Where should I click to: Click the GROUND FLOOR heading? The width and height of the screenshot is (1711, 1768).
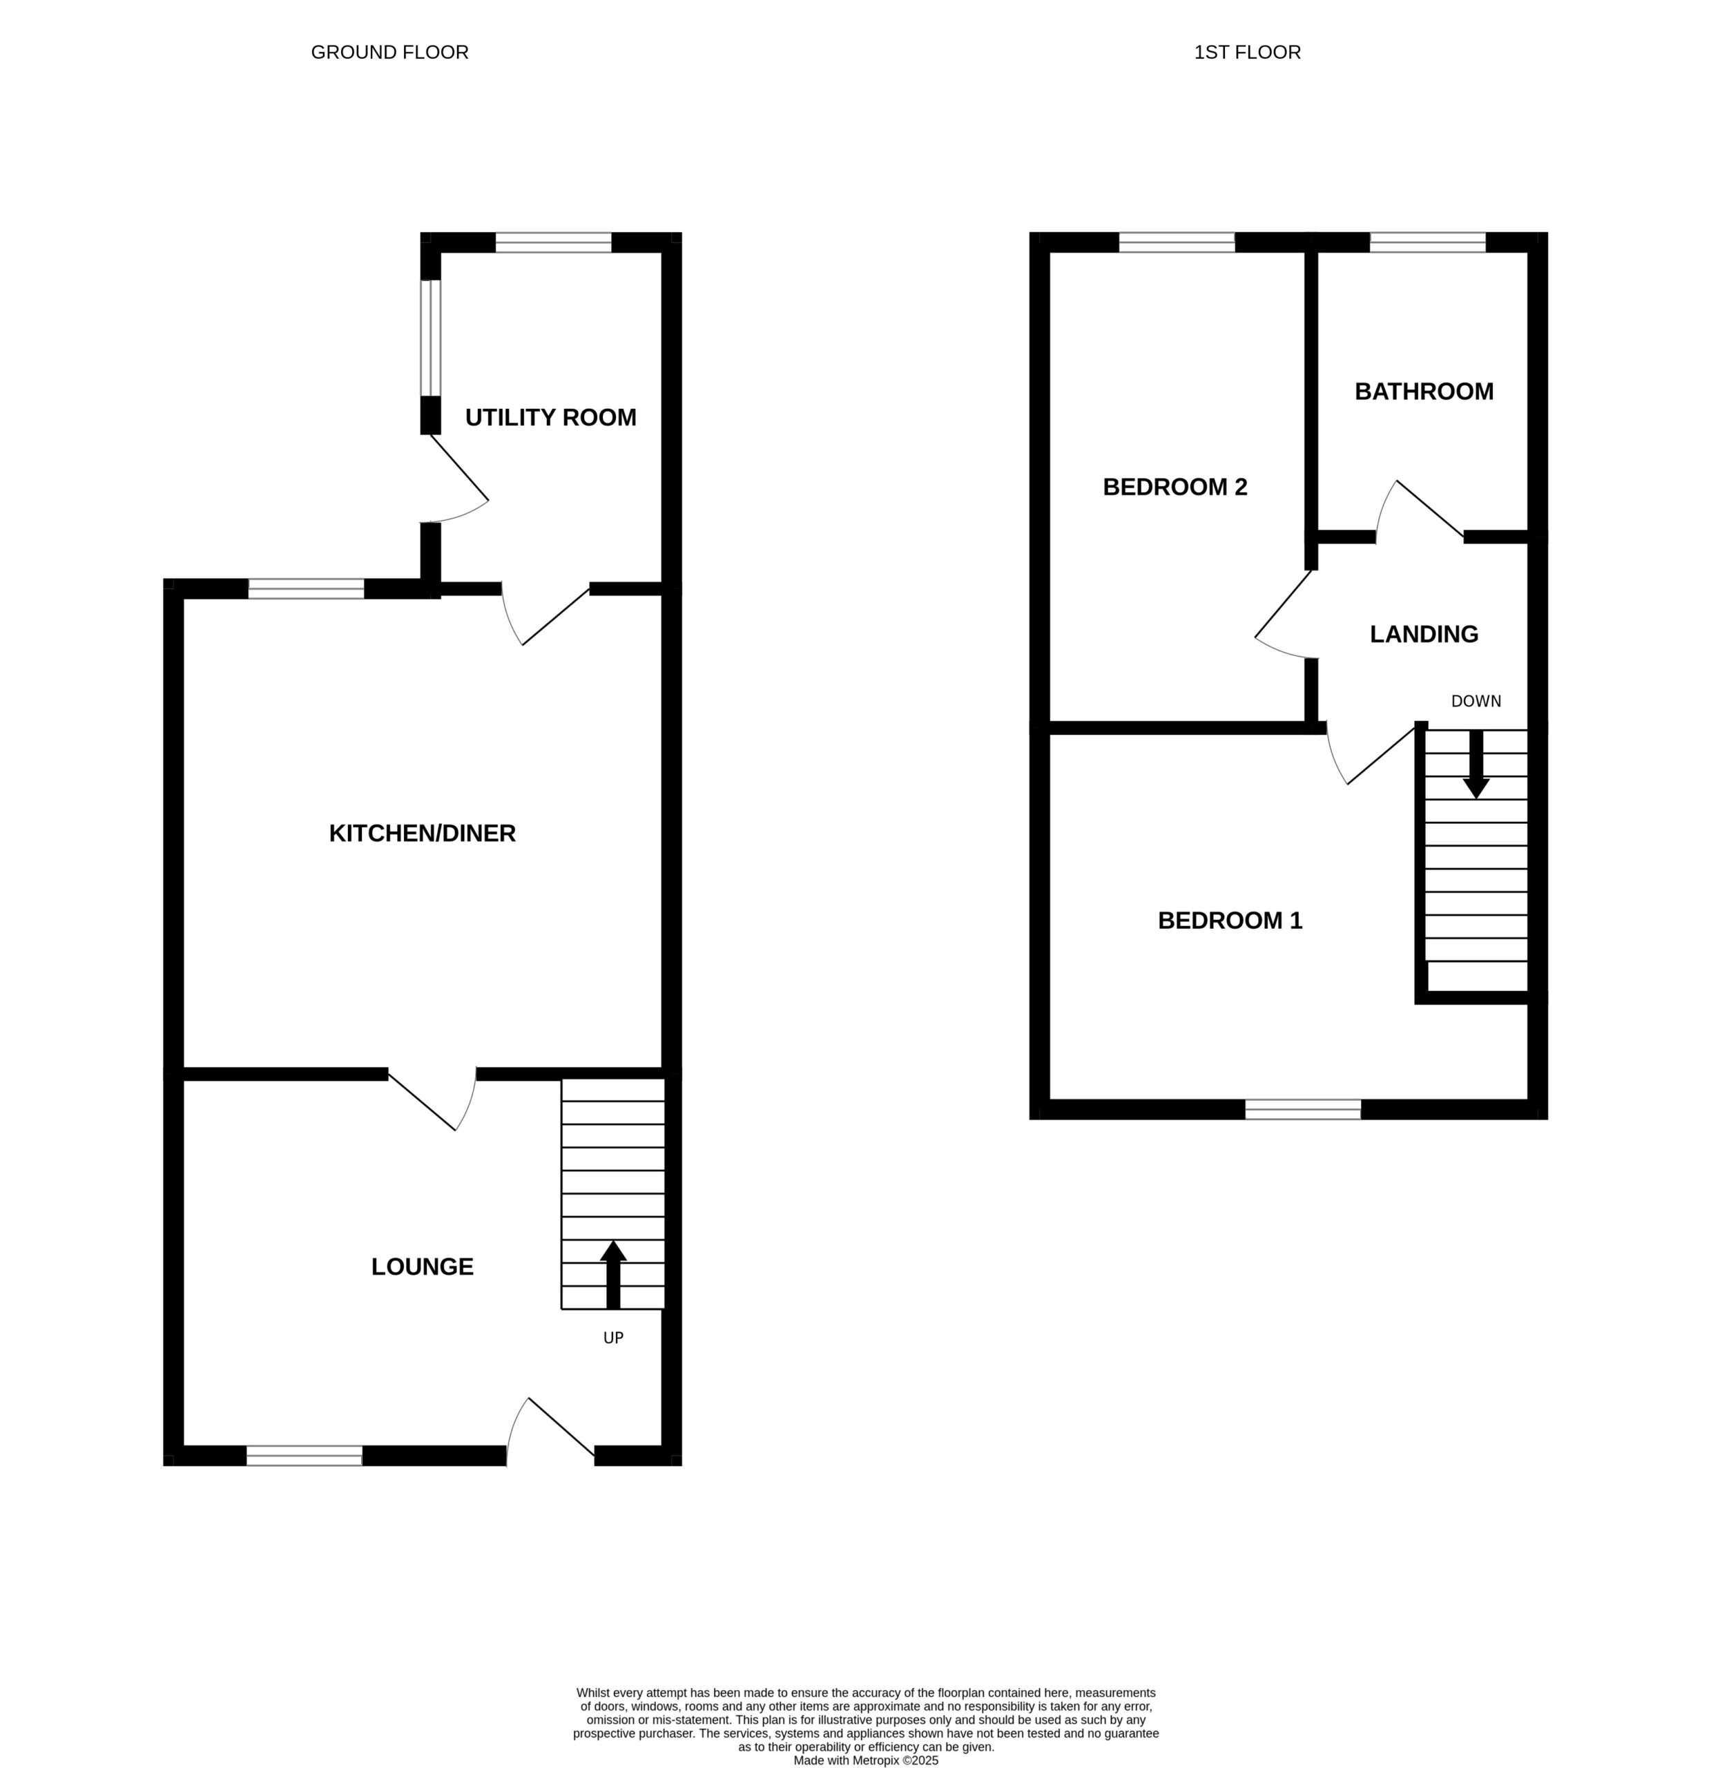tap(389, 52)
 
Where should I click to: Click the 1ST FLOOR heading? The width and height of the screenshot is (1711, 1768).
tap(1248, 52)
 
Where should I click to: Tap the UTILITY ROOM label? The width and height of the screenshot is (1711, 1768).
tap(550, 418)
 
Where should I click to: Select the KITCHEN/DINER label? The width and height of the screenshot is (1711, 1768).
tap(422, 834)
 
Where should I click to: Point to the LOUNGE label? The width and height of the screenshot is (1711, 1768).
tap(422, 1267)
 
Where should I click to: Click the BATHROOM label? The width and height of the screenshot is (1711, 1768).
tap(1424, 392)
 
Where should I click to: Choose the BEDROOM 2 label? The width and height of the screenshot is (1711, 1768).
tap(1175, 487)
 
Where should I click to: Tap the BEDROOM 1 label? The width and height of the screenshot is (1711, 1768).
tap(1230, 921)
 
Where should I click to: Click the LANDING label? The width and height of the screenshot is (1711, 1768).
tap(1424, 634)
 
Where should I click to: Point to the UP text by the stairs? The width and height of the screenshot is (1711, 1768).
tap(613, 1338)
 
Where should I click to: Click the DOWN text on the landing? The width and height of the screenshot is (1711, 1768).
tap(1476, 701)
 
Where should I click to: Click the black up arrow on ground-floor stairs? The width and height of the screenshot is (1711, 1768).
tap(613, 1275)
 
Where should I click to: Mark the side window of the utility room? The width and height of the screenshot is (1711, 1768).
tap(431, 338)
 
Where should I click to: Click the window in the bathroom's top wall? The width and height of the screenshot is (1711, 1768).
tap(1428, 242)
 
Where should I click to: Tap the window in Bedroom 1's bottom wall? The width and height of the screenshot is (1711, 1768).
tap(1304, 1110)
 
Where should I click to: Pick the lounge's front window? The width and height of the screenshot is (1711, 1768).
tap(305, 1456)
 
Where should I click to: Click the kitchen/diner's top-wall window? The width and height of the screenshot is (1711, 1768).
tap(307, 589)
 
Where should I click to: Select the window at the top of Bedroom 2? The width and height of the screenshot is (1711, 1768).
tap(1177, 242)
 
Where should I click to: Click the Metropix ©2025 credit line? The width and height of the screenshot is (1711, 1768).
tap(866, 1760)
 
